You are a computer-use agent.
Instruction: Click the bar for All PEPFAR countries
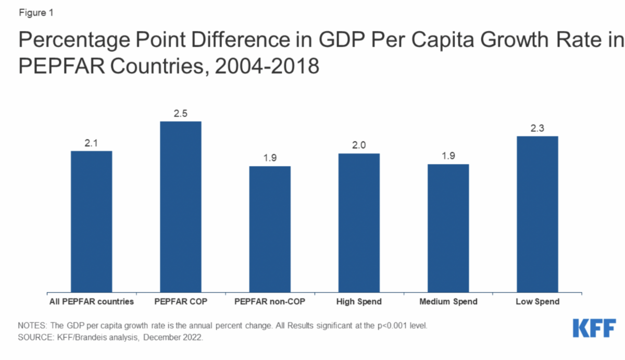click(91, 221)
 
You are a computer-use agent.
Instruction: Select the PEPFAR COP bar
click(180, 207)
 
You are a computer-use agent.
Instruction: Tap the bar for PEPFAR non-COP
click(270, 229)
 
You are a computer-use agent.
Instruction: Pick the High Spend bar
click(359, 223)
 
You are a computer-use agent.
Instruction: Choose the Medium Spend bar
click(448, 228)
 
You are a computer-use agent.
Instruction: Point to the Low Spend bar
click(537, 214)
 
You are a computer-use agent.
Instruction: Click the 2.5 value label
click(180, 113)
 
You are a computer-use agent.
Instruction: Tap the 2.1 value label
click(91, 142)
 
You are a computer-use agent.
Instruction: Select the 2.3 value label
click(537, 128)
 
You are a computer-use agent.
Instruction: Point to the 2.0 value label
click(359, 145)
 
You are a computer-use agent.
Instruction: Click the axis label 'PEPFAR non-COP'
click(270, 302)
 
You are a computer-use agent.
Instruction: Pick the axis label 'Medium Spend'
click(448, 302)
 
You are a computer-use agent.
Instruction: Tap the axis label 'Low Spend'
click(537, 302)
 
